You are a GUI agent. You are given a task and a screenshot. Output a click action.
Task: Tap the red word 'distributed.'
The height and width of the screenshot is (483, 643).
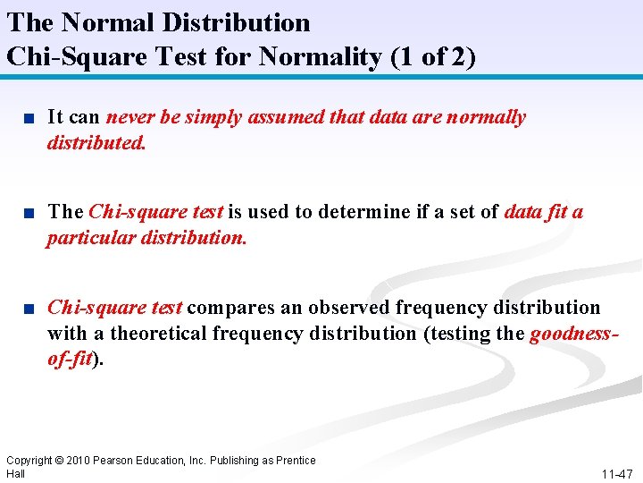pyautogui.click(x=96, y=143)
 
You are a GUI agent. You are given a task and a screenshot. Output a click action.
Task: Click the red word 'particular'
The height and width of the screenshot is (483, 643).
pyautogui.click(x=93, y=239)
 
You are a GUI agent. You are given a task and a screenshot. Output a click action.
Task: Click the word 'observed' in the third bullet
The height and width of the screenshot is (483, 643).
pyautogui.click(x=349, y=308)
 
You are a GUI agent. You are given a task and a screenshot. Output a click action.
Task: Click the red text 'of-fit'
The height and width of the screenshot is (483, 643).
pyautogui.click(x=70, y=360)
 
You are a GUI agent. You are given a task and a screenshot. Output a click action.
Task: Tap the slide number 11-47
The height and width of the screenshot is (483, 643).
pyautogui.click(x=617, y=473)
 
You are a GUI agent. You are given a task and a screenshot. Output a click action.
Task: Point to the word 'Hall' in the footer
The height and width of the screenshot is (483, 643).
pyautogui.click(x=16, y=473)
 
